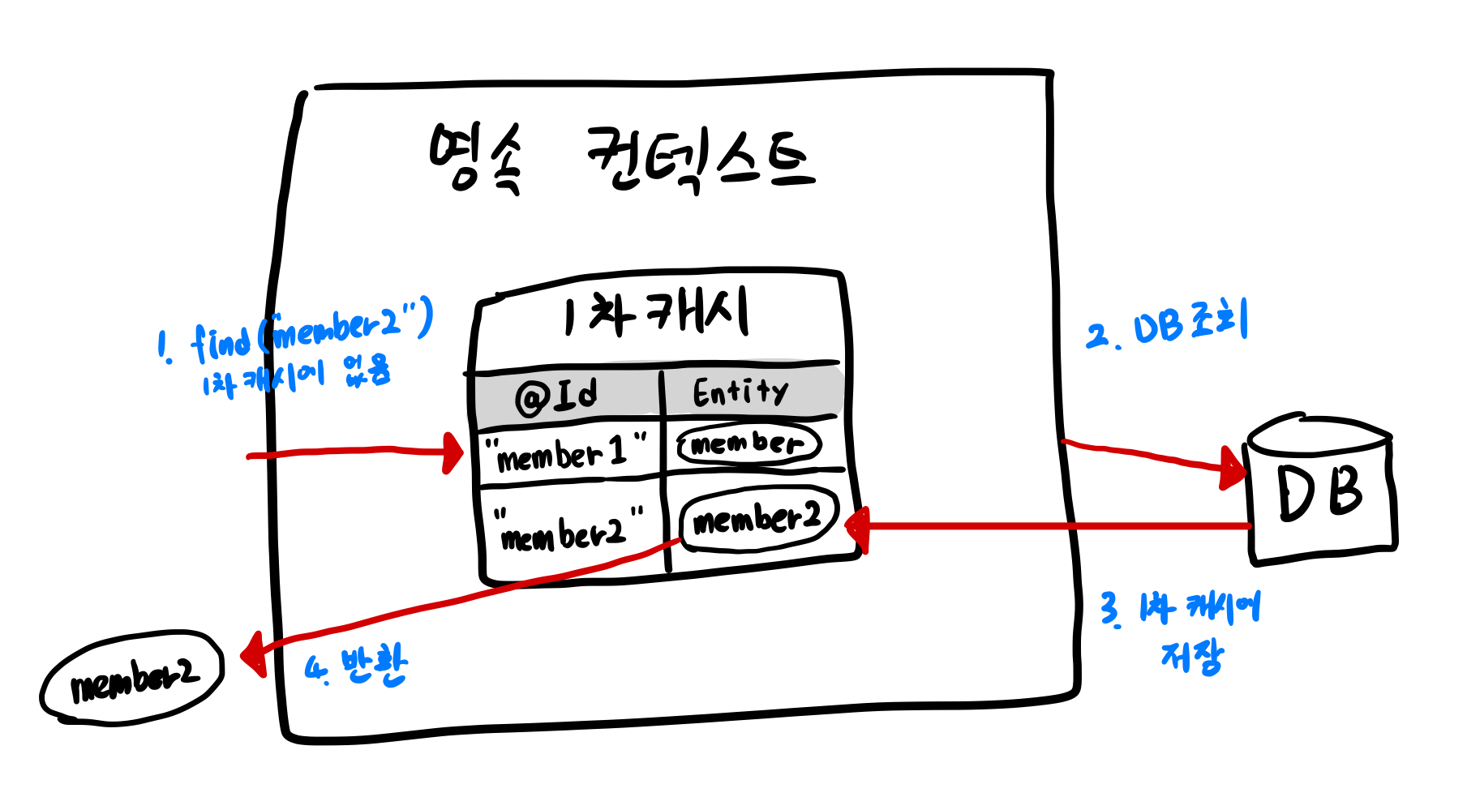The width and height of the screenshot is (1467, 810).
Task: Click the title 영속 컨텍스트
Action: coord(620,158)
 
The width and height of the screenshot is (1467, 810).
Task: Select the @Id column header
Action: coord(557,396)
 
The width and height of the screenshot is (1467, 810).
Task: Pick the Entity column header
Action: coord(740,392)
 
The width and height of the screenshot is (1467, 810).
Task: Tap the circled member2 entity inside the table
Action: coord(757,519)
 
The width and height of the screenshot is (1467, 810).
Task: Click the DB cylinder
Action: coord(1320,490)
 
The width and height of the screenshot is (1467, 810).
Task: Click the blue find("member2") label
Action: coord(297,331)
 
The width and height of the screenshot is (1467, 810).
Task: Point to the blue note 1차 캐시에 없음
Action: coord(297,376)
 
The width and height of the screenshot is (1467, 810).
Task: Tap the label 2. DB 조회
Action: coord(1168,324)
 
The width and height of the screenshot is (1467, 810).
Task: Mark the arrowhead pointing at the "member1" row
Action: coord(453,452)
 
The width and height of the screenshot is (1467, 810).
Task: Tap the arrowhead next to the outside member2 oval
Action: coord(255,655)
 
